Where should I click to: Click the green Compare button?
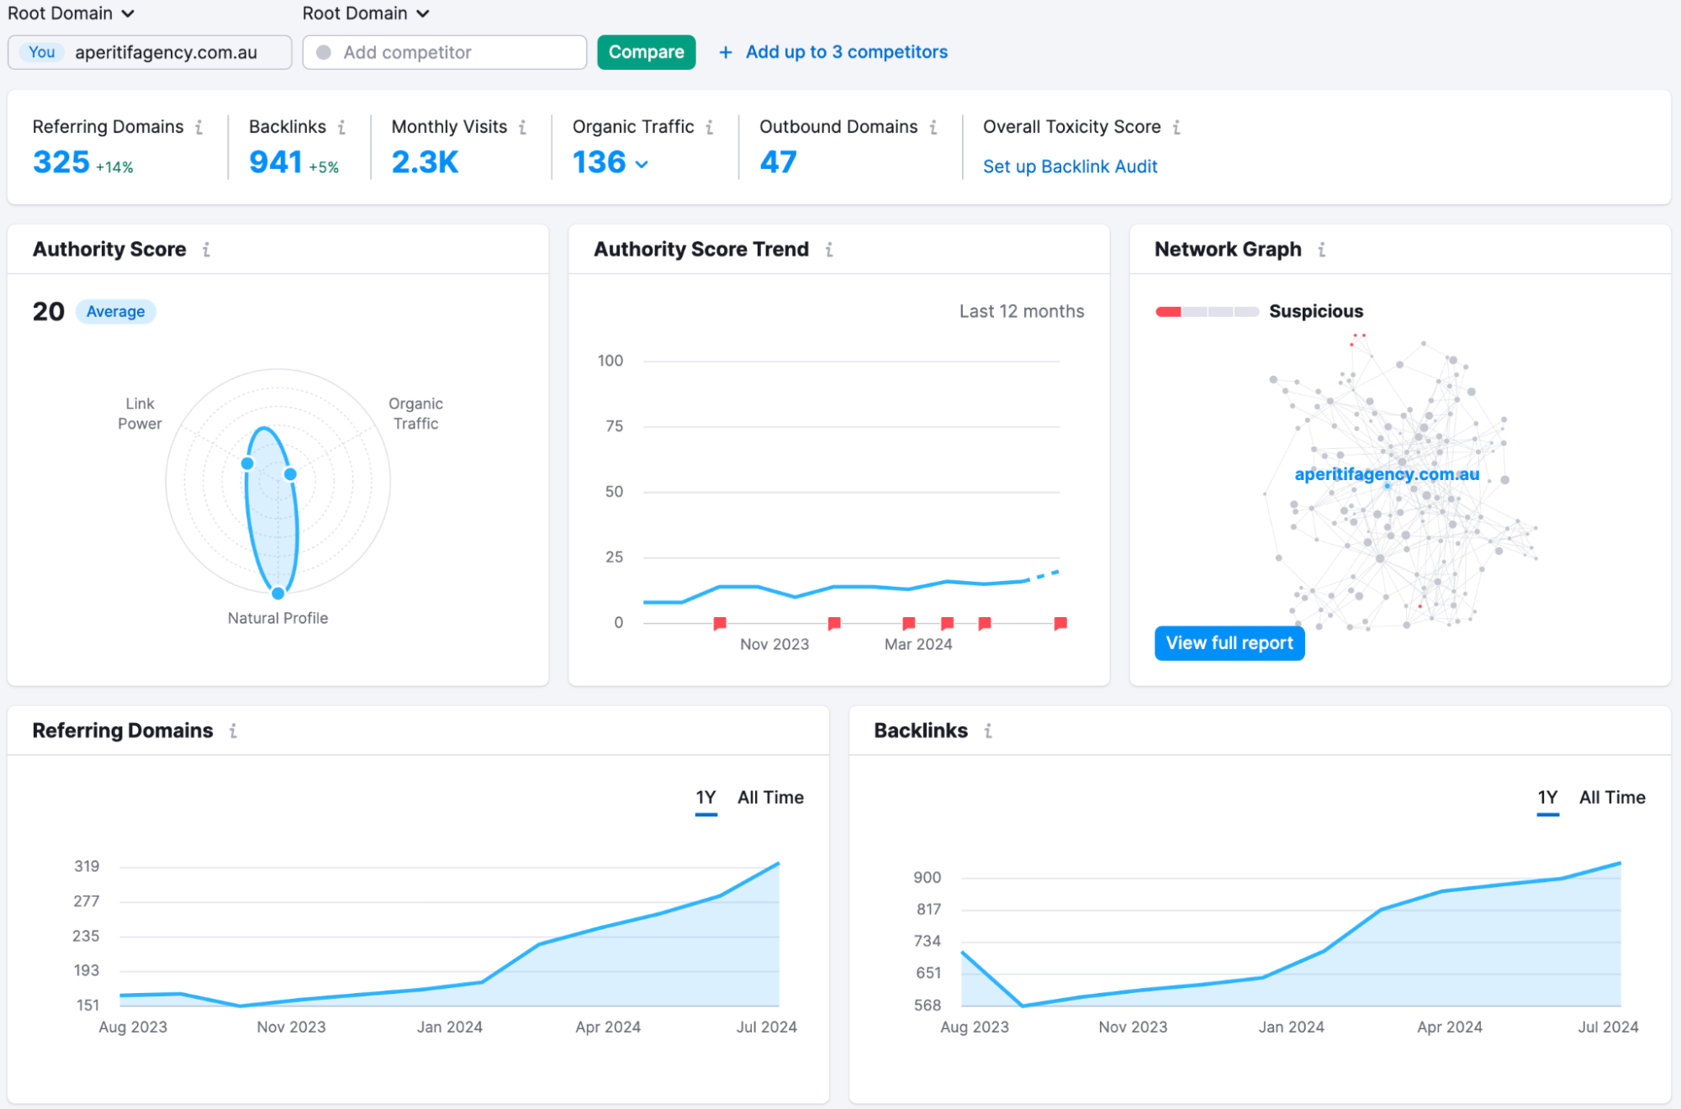[x=646, y=52]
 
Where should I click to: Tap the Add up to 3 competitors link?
[x=845, y=52]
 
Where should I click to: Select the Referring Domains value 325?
[x=61, y=161]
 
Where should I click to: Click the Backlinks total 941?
[x=275, y=161]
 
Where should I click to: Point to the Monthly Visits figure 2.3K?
[x=425, y=161]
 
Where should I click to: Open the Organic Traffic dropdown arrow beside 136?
[x=642, y=164]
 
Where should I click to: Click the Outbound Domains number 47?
[x=778, y=161]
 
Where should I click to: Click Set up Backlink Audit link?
[x=1070, y=166]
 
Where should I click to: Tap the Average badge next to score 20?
[x=115, y=312]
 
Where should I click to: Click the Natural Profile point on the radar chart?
[x=278, y=593]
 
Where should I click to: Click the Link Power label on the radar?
[x=140, y=414]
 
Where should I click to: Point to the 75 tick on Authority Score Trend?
[x=615, y=426]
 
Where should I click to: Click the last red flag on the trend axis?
[x=1060, y=623]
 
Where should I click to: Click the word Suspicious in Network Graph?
[x=1316, y=311]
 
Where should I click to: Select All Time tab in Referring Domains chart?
[x=770, y=797]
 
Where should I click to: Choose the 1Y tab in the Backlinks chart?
[x=1547, y=797]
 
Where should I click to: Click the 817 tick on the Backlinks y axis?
[x=928, y=909]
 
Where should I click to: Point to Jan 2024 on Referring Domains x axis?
[x=450, y=1027]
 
